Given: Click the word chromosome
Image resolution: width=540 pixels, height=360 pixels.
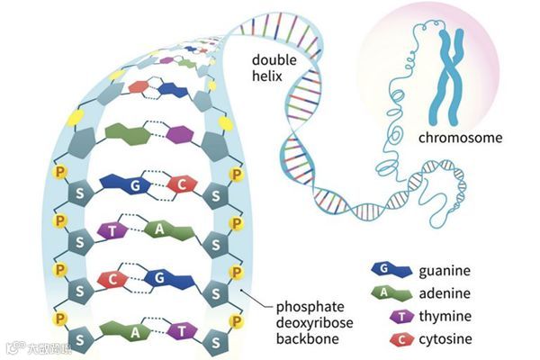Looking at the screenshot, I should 460,139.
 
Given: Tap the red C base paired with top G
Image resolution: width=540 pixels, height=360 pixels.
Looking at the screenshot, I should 182,185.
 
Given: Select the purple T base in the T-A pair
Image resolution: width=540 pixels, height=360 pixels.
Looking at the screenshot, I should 112,230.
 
